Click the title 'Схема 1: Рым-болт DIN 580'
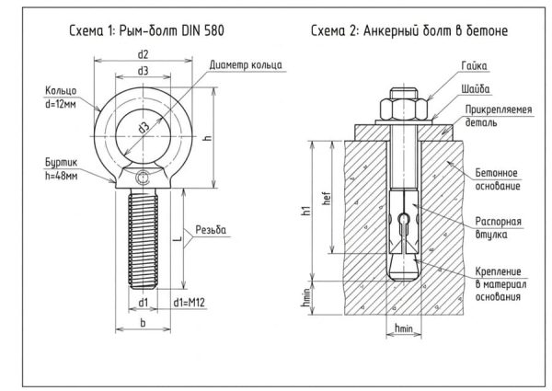coord(146,30)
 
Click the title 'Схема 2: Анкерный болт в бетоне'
coord(409,30)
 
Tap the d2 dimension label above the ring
coord(143,54)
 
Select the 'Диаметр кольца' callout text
coord(246,65)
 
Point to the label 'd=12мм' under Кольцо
coord(60,104)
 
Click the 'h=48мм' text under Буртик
coord(62,176)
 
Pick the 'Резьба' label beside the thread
coord(211,230)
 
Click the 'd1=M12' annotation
coord(189,303)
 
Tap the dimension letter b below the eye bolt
coord(143,322)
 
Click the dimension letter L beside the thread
coord(178,238)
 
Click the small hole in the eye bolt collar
coord(144,178)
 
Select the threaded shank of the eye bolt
coord(143,238)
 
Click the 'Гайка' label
coord(474,66)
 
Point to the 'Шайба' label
coord(476,89)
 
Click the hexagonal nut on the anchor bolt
coord(404,109)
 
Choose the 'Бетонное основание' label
coord(498,179)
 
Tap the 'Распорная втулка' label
coord(498,228)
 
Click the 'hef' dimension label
coord(327,198)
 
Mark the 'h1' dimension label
coord(306,211)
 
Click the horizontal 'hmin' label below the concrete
coord(404,328)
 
